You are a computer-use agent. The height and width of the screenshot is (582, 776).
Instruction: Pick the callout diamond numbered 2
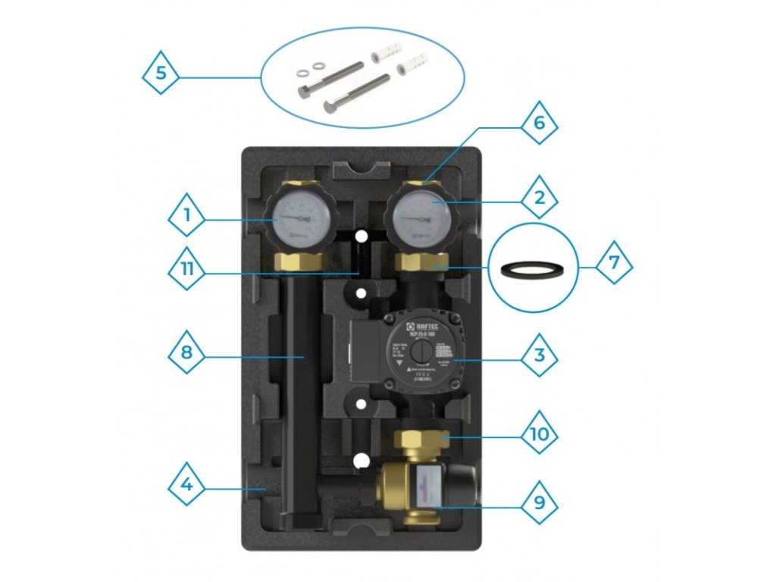coord(539,199)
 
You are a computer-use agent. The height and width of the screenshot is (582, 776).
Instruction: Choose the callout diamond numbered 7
coord(613,264)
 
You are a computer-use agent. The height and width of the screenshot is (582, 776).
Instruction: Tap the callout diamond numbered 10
coord(539,435)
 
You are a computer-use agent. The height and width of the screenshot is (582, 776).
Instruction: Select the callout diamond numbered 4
coord(186,483)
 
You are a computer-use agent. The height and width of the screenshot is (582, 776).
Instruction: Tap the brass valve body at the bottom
coord(402,485)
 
